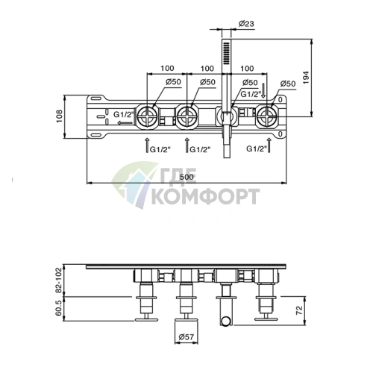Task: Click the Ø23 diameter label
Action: (246, 24)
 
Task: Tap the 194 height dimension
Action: (306, 78)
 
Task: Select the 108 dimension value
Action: (60, 116)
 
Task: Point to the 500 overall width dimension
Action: (186, 177)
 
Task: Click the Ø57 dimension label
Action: (186, 336)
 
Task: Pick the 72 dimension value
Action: (300, 310)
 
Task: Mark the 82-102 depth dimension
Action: (59, 280)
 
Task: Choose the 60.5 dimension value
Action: (59, 308)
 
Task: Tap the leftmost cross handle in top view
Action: (147, 116)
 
